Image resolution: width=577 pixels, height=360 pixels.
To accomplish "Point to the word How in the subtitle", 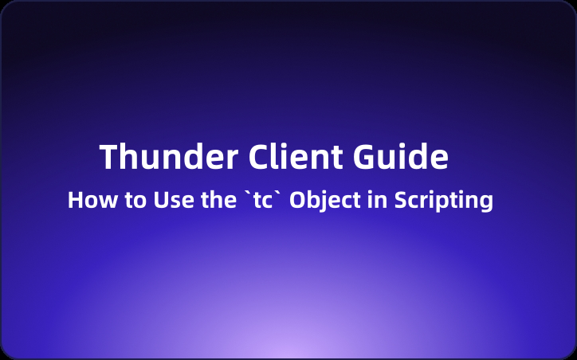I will (85, 200).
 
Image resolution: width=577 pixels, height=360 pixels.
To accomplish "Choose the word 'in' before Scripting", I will (376, 200).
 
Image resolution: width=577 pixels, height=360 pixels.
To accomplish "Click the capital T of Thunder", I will (110, 158).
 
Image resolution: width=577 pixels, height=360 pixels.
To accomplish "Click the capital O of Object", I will (299, 200).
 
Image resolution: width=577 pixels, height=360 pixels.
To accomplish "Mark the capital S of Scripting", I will (399, 200).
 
